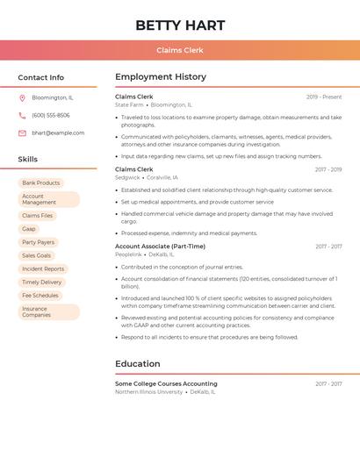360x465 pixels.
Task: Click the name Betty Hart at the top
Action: (x=180, y=25)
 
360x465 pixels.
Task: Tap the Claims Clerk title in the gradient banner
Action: (x=180, y=50)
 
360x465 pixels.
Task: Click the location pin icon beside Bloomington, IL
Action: (x=22, y=97)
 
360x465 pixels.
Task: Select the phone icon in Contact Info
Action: (x=22, y=115)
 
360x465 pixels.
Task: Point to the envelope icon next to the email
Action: (x=22, y=132)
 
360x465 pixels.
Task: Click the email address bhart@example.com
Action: (x=58, y=132)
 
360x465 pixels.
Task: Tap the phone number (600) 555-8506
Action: (x=50, y=115)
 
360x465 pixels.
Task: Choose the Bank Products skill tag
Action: (x=40, y=182)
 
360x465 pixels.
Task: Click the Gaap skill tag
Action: (x=29, y=229)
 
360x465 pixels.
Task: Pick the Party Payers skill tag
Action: (x=38, y=242)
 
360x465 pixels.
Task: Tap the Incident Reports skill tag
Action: (x=43, y=268)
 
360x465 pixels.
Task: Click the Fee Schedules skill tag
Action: (x=40, y=296)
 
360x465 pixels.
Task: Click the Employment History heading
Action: (x=161, y=77)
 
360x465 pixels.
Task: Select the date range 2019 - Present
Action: (x=324, y=97)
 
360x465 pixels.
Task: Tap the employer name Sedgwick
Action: (x=127, y=177)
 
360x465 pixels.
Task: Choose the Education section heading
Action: (x=138, y=364)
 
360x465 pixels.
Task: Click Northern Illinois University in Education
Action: (x=149, y=392)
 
